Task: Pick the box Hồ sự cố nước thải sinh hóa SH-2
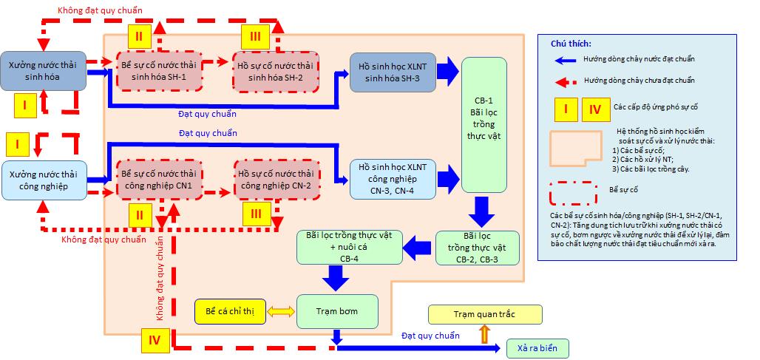[274, 72]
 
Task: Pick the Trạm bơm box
[337, 311]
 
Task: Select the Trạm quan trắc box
[484, 314]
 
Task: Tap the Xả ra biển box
[537, 347]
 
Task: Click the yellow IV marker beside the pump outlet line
[155, 341]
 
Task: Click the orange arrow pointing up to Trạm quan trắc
[484, 334]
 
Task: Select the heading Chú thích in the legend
[570, 44]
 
